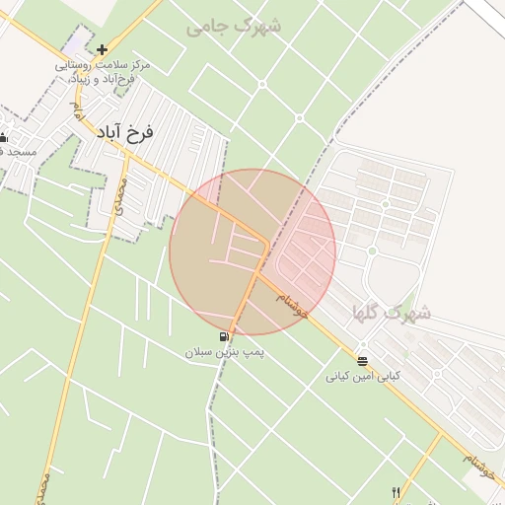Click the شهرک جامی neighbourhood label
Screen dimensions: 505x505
(x=234, y=26)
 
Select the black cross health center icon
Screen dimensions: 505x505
(x=102, y=48)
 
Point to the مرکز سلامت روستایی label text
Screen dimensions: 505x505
(x=104, y=64)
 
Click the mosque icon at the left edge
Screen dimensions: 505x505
(x=3, y=138)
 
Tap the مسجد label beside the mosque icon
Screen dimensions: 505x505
(x=18, y=152)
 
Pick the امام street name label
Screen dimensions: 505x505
(x=73, y=111)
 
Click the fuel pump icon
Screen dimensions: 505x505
(x=235, y=335)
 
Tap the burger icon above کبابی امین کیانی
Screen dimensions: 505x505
(x=363, y=361)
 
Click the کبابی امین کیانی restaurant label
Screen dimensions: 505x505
(x=364, y=377)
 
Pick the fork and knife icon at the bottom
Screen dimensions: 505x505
(x=397, y=491)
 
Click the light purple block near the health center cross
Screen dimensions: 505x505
(x=74, y=44)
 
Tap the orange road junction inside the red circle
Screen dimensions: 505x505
(x=265, y=244)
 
